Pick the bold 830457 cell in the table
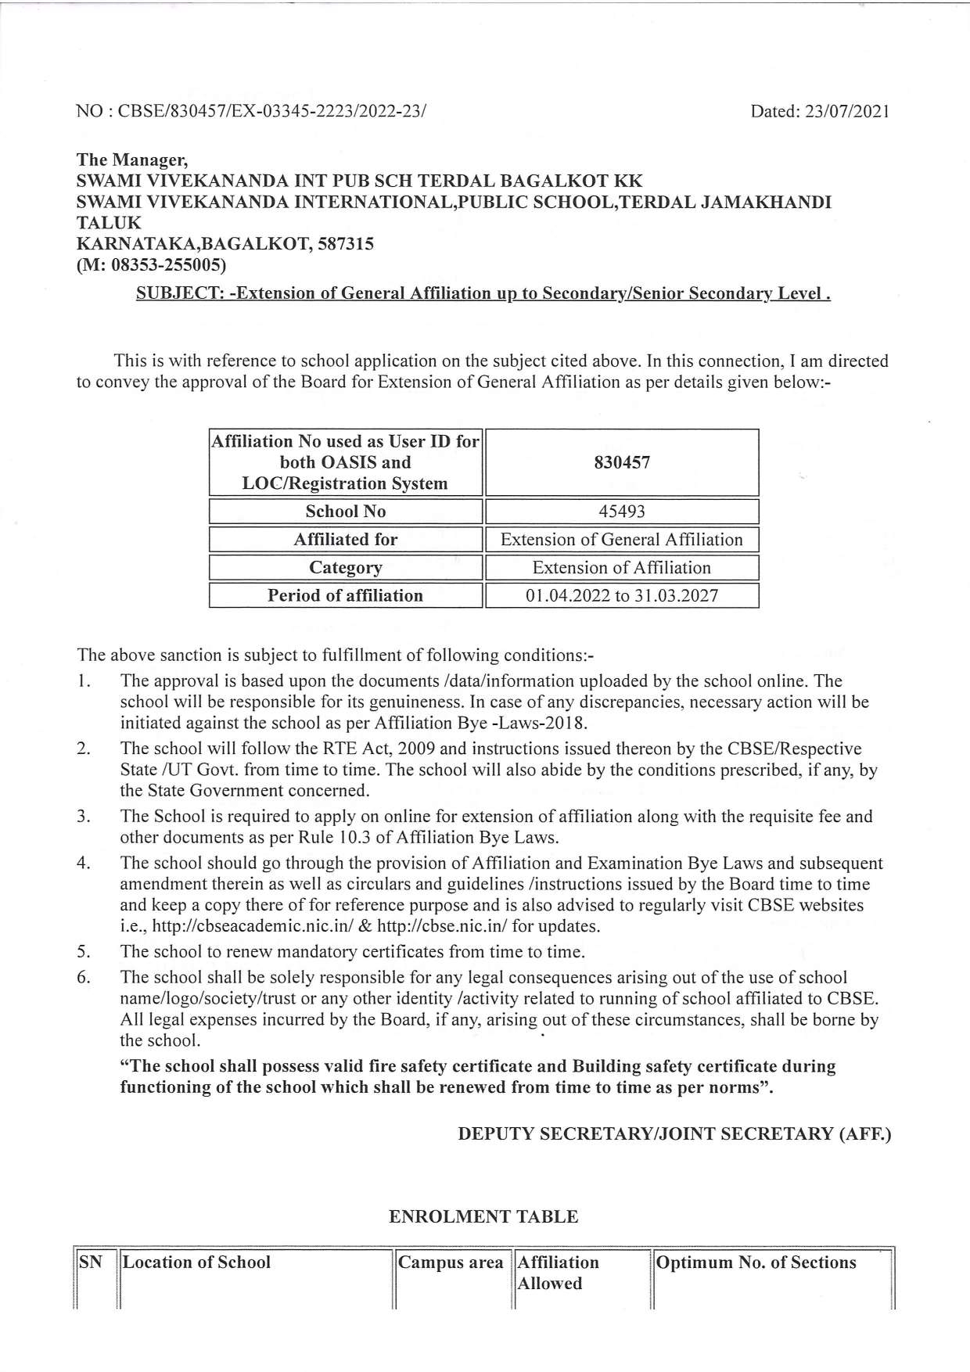[622, 462]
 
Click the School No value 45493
[622, 512]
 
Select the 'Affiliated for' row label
[345, 540]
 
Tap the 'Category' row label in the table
[345, 568]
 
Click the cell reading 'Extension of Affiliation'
[622, 568]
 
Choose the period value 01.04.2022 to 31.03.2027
[622, 596]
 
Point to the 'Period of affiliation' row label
[345, 596]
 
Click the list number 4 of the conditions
[83, 864]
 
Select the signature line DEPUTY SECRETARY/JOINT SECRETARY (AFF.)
[674, 1134]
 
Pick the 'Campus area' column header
[451, 1263]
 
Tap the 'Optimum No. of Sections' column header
[756, 1263]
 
